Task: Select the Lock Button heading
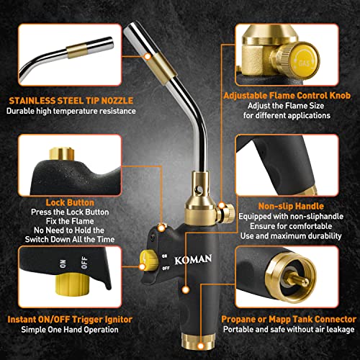pos(60,203)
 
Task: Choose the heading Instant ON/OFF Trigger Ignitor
pos(63,318)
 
